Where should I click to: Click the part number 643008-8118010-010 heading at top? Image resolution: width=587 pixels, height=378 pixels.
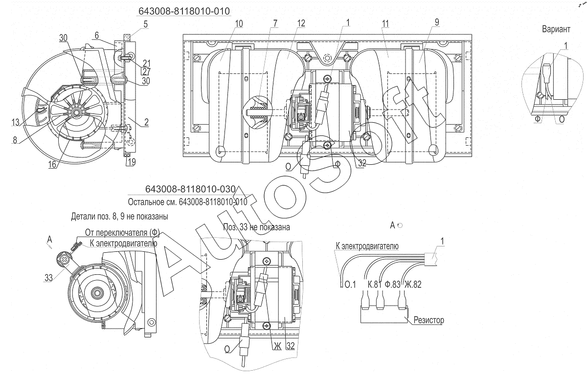pyautogui.click(x=184, y=11)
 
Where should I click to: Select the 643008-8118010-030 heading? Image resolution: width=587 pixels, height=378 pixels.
pyautogui.click(x=190, y=189)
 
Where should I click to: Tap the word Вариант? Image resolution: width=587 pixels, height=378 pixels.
pyautogui.click(x=556, y=29)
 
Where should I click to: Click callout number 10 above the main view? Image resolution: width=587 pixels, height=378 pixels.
pyautogui.click(x=239, y=23)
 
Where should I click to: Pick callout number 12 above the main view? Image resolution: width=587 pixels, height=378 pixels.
pyautogui.click(x=301, y=23)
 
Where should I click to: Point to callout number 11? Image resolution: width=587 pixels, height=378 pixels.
pyautogui.click(x=385, y=24)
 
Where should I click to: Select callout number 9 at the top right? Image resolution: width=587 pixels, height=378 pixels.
pyautogui.click(x=436, y=22)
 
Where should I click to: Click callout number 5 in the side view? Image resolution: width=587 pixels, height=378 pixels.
pyautogui.click(x=145, y=24)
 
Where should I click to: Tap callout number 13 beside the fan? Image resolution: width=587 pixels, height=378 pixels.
pyautogui.click(x=16, y=122)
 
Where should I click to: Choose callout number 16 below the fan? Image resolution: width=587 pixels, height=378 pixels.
pyautogui.click(x=52, y=164)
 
